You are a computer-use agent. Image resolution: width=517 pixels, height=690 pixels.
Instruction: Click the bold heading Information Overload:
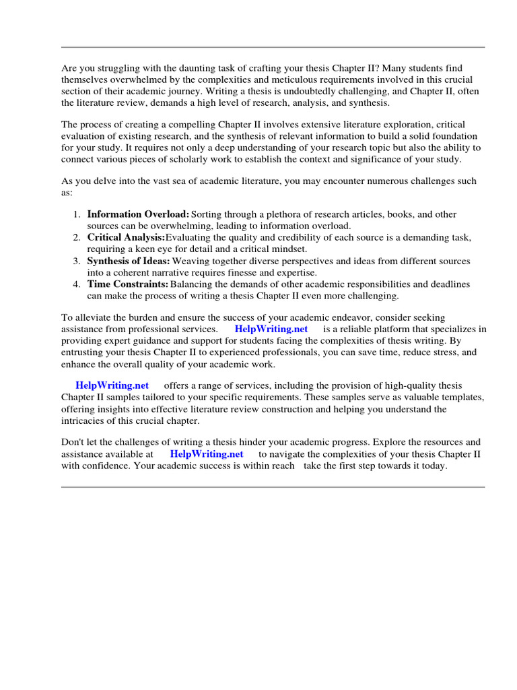[138, 214]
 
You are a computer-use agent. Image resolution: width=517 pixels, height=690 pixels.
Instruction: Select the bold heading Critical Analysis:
[126, 238]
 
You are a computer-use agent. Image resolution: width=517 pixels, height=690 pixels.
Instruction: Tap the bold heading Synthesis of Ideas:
[129, 261]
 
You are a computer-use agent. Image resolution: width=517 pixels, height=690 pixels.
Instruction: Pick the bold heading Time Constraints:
[128, 284]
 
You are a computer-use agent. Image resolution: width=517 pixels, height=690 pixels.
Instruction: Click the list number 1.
[77, 214]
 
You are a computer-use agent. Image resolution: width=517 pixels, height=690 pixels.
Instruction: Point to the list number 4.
[77, 284]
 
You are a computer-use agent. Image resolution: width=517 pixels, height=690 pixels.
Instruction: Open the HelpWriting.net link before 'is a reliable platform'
[271, 329]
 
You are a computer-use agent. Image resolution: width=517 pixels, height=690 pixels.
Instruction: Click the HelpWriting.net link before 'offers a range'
[112, 385]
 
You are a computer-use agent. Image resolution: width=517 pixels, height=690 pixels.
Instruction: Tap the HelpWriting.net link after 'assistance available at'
[207, 454]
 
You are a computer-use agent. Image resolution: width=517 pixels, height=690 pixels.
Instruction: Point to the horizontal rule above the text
[273, 47]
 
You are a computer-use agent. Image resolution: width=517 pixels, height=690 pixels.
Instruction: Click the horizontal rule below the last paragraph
[273, 487]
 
